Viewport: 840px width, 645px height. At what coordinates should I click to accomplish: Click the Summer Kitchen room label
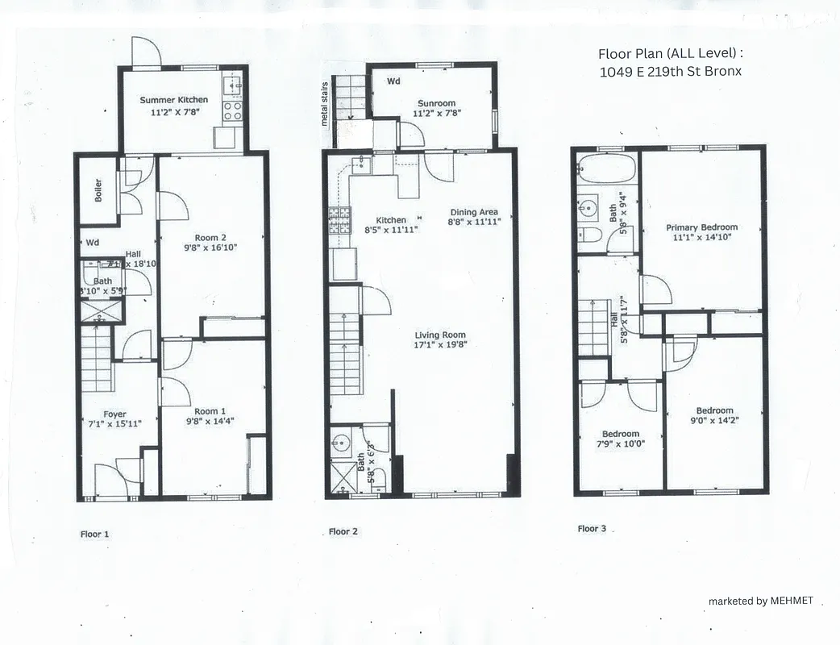173,100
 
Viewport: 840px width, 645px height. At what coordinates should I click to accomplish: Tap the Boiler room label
98,189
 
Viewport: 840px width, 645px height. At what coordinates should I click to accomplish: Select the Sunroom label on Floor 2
436,103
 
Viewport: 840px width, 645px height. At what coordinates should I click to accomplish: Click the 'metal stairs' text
326,104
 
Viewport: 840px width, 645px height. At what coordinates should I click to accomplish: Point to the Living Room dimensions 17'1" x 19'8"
440,345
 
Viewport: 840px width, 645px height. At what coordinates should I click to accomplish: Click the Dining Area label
473,212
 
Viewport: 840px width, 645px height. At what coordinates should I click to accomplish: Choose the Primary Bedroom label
701,227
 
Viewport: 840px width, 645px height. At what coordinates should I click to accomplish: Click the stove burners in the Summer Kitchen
232,110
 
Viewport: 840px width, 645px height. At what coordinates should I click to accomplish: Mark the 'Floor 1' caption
94,534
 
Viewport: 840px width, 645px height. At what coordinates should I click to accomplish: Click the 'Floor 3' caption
592,529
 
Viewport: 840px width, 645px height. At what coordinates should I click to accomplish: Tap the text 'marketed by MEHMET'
760,601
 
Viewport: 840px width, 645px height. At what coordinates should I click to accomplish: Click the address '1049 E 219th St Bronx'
670,71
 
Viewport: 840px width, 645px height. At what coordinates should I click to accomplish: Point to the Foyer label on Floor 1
114,414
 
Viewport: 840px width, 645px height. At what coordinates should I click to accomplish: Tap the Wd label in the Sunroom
393,81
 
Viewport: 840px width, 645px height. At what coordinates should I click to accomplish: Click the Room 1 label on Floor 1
210,410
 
